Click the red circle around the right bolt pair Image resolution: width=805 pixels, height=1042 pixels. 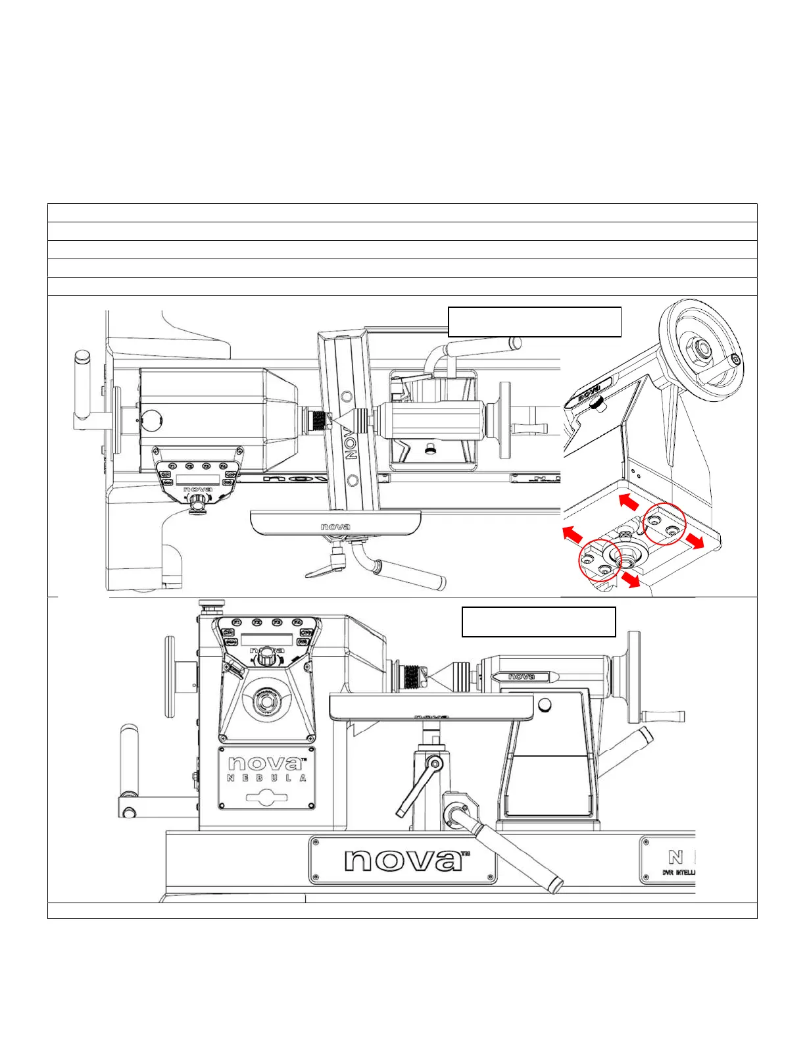[x=664, y=525]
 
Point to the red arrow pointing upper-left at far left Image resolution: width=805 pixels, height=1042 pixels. [x=572, y=534]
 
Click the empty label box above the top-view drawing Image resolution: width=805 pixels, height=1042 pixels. [x=534, y=322]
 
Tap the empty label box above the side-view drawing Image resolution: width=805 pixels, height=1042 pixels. [x=539, y=622]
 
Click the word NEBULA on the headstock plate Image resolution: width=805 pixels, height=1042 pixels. [x=266, y=778]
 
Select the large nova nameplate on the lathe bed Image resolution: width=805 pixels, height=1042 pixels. [x=402, y=860]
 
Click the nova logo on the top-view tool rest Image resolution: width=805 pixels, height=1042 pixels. [x=335, y=527]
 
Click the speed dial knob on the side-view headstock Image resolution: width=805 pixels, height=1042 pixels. [x=266, y=656]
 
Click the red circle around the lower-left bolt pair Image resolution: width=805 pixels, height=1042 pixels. [x=600, y=559]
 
